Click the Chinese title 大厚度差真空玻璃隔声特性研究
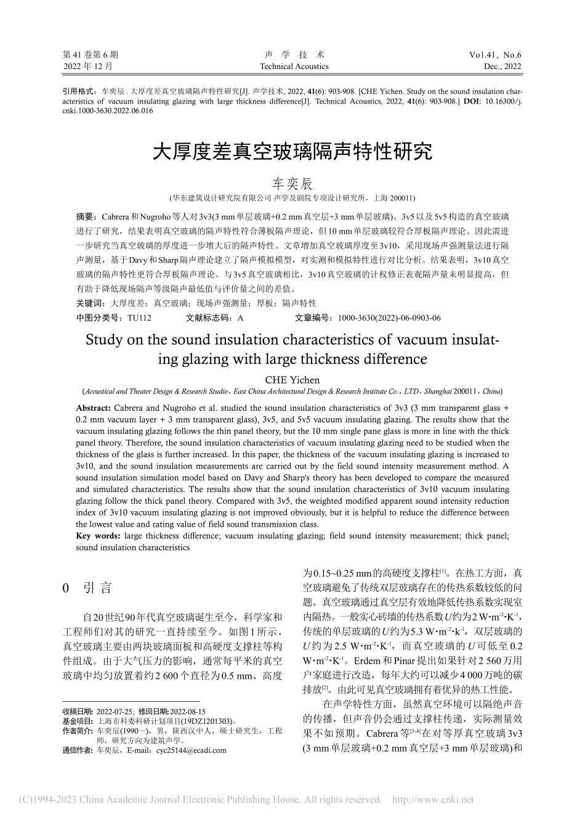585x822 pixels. [x=292, y=152]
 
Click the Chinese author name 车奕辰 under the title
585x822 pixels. [x=292, y=184]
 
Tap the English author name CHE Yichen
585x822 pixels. [x=292, y=380]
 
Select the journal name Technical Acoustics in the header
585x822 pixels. [x=294, y=67]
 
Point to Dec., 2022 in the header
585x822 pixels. [x=502, y=67]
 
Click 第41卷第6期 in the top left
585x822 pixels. [x=91, y=55]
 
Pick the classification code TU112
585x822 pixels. [x=139, y=318]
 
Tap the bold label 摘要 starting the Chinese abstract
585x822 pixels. [x=84, y=217]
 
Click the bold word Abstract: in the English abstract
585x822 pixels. [x=93, y=408]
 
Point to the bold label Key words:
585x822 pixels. [x=98, y=536]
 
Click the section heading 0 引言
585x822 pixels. [x=88, y=588]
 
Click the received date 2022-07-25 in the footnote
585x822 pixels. [x=116, y=711]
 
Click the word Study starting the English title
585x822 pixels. [x=103, y=340]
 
